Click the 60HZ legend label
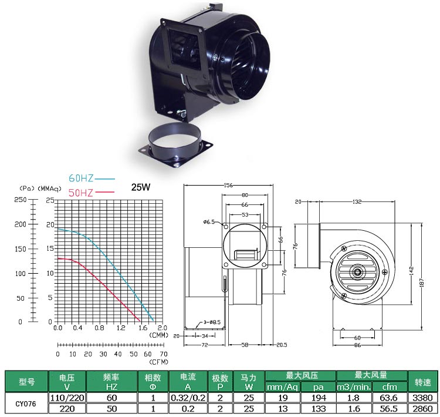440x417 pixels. point(80,178)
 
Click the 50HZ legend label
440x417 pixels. point(80,192)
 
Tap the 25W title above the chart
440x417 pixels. point(141,189)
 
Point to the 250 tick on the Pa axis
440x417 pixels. point(21,200)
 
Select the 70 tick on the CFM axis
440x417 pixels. point(164,354)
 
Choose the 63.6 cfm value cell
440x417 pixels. point(388,397)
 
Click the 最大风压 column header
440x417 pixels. point(300,375)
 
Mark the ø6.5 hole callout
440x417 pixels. point(209,222)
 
